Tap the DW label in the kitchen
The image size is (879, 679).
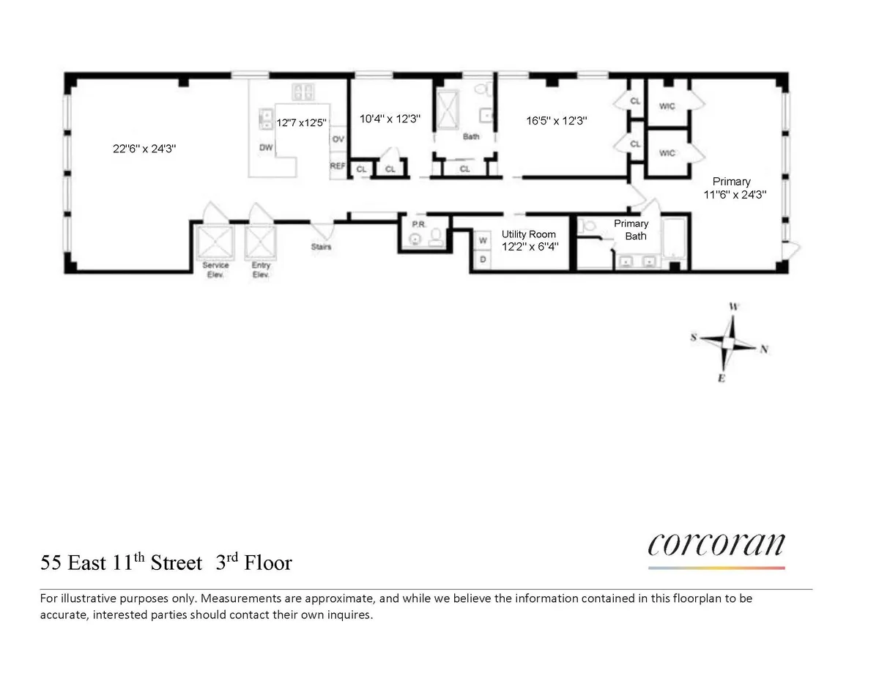[x=266, y=147]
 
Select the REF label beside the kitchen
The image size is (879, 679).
[x=338, y=166]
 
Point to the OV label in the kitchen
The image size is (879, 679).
[x=338, y=139]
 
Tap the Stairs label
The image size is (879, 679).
[x=321, y=247]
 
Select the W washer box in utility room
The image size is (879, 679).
[x=483, y=240]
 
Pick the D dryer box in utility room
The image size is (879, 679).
[x=483, y=259]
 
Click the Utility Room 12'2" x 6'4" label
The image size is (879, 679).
[x=528, y=240]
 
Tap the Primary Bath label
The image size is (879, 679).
[x=631, y=230]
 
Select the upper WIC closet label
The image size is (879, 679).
[x=667, y=107]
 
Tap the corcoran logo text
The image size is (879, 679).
[x=716, y=545]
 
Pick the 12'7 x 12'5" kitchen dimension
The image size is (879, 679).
[x=300, y=123]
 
